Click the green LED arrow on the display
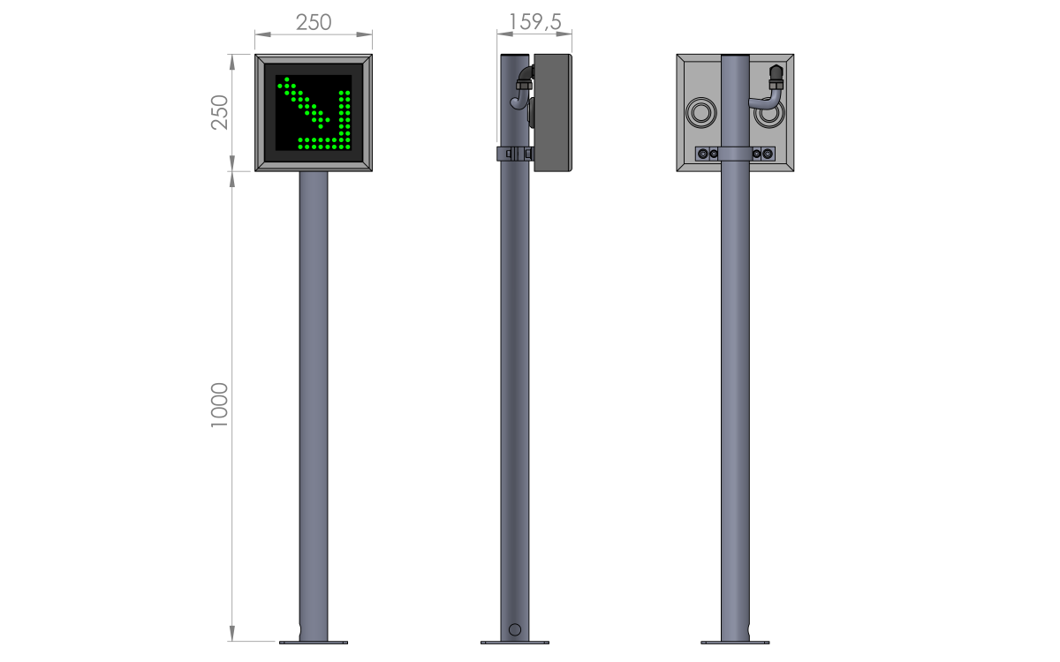point(315,114)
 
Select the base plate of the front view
point(314,643)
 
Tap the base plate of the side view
point(515,643)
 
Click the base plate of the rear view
point(735,643)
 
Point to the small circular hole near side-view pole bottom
point(515,629)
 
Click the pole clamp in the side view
point(515,154)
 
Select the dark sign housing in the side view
point(553,113)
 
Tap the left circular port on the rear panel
point(700,113)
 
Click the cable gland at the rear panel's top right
point(776,78)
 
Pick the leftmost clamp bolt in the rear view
point(703,154)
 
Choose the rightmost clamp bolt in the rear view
point(768,154)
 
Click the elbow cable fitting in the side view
point(522,88)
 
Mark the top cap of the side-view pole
point(515,55)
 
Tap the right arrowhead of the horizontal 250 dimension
point(364,34)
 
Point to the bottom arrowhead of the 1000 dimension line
point(231,633)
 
